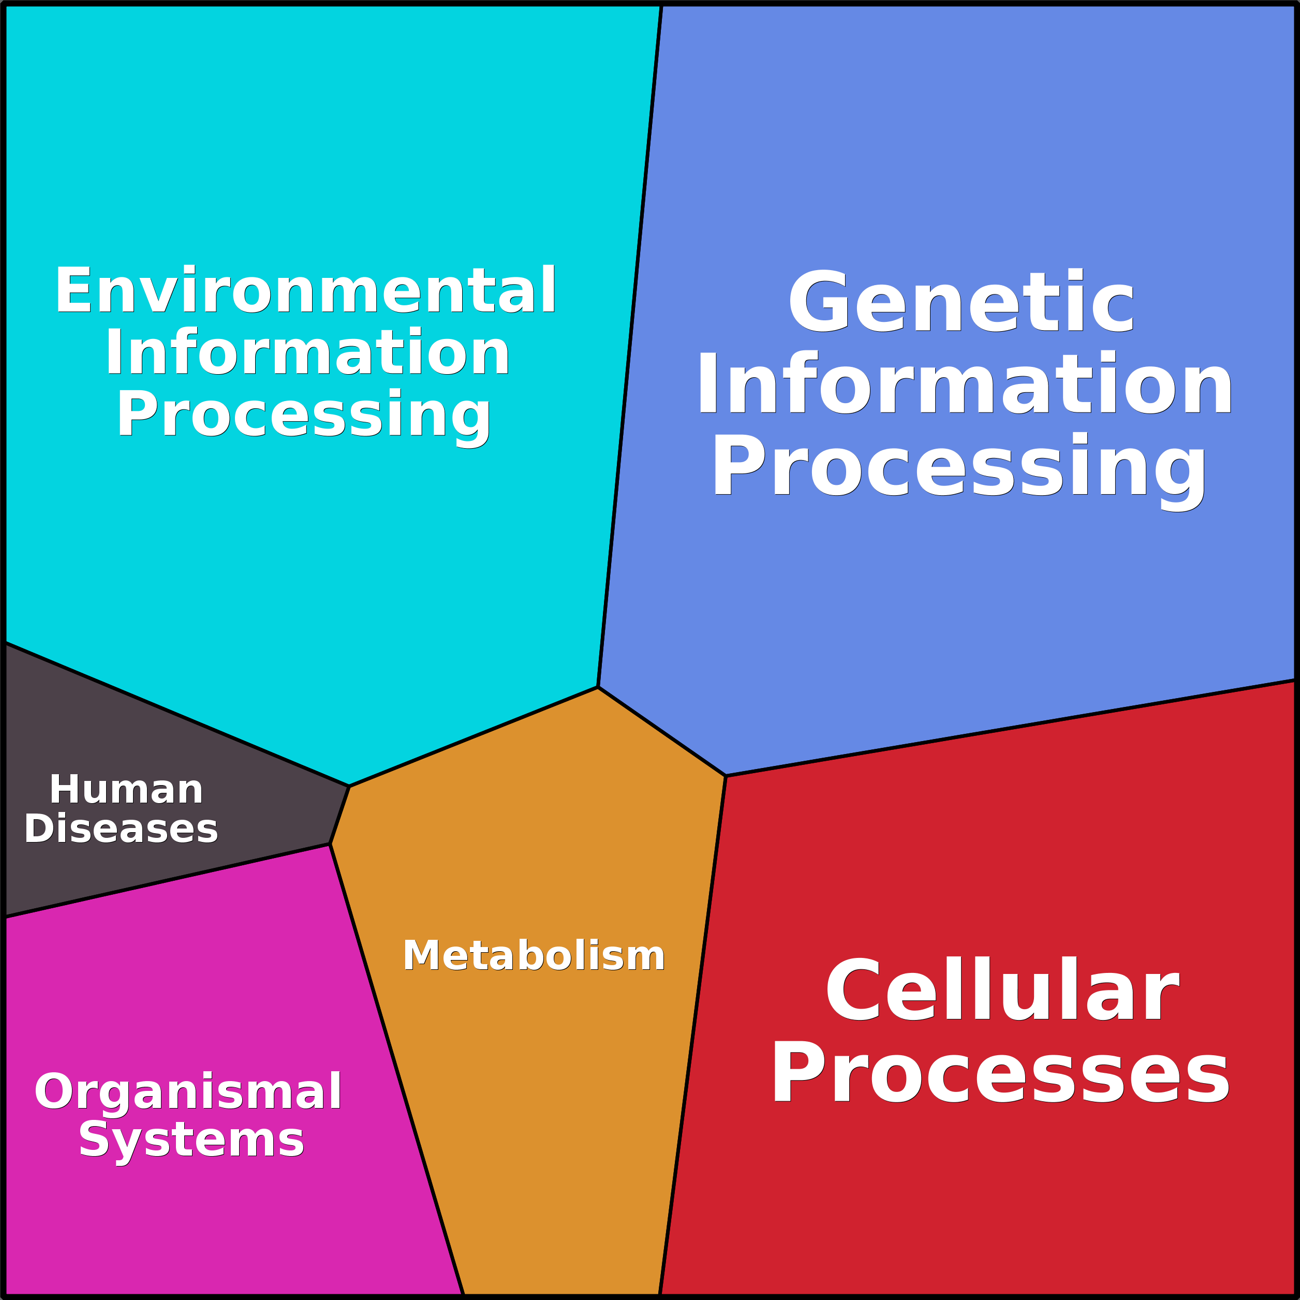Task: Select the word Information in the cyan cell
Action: pos(307,352)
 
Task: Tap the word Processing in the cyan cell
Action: pos(304,415)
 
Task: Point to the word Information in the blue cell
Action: pos(964,384)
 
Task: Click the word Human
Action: pos(126,790)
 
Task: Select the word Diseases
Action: pos(121,829)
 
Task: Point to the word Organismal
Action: pos(188,1091)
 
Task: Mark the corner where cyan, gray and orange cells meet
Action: pos(349,786)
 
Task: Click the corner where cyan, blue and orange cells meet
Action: pos(598,687)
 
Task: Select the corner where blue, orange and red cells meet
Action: pos(726,776)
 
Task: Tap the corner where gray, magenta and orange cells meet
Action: pos(330,844)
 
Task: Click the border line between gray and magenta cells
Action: pos(168,880)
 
